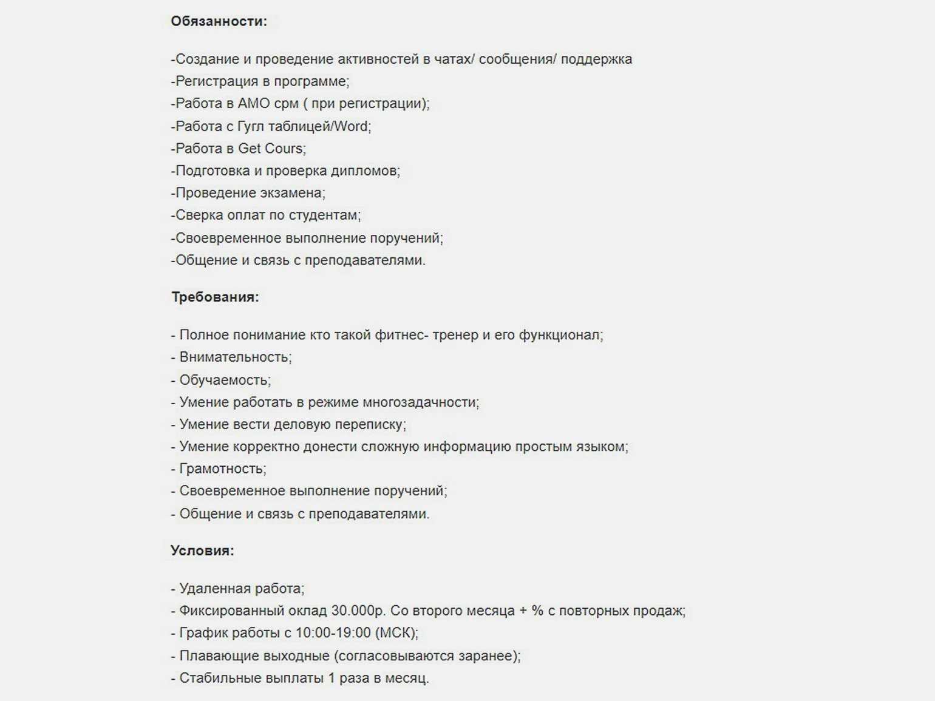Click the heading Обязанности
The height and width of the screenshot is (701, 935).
pyautogui.click(x=219, y=21)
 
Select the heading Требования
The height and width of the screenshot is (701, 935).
pyautogui.click(x=215, y=297)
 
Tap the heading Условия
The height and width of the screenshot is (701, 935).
pyautogui.click(x=202, y=550)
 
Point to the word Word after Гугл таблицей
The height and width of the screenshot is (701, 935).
pyautogui.click(x=351, y=126)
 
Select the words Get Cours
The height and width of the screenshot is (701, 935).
pyautogui.click(x=271, y=149)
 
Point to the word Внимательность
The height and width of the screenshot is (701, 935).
pyautogui.click(x=234, y=357)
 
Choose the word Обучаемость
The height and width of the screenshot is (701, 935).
pyautogui.click(x=224, y=380)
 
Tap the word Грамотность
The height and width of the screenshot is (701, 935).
pyautogui.click(x=222, y=469)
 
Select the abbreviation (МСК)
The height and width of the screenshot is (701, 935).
pyautogui.click(x=396, y=633)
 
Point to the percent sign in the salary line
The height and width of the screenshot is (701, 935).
pyautogui.click(x=537, y=611)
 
